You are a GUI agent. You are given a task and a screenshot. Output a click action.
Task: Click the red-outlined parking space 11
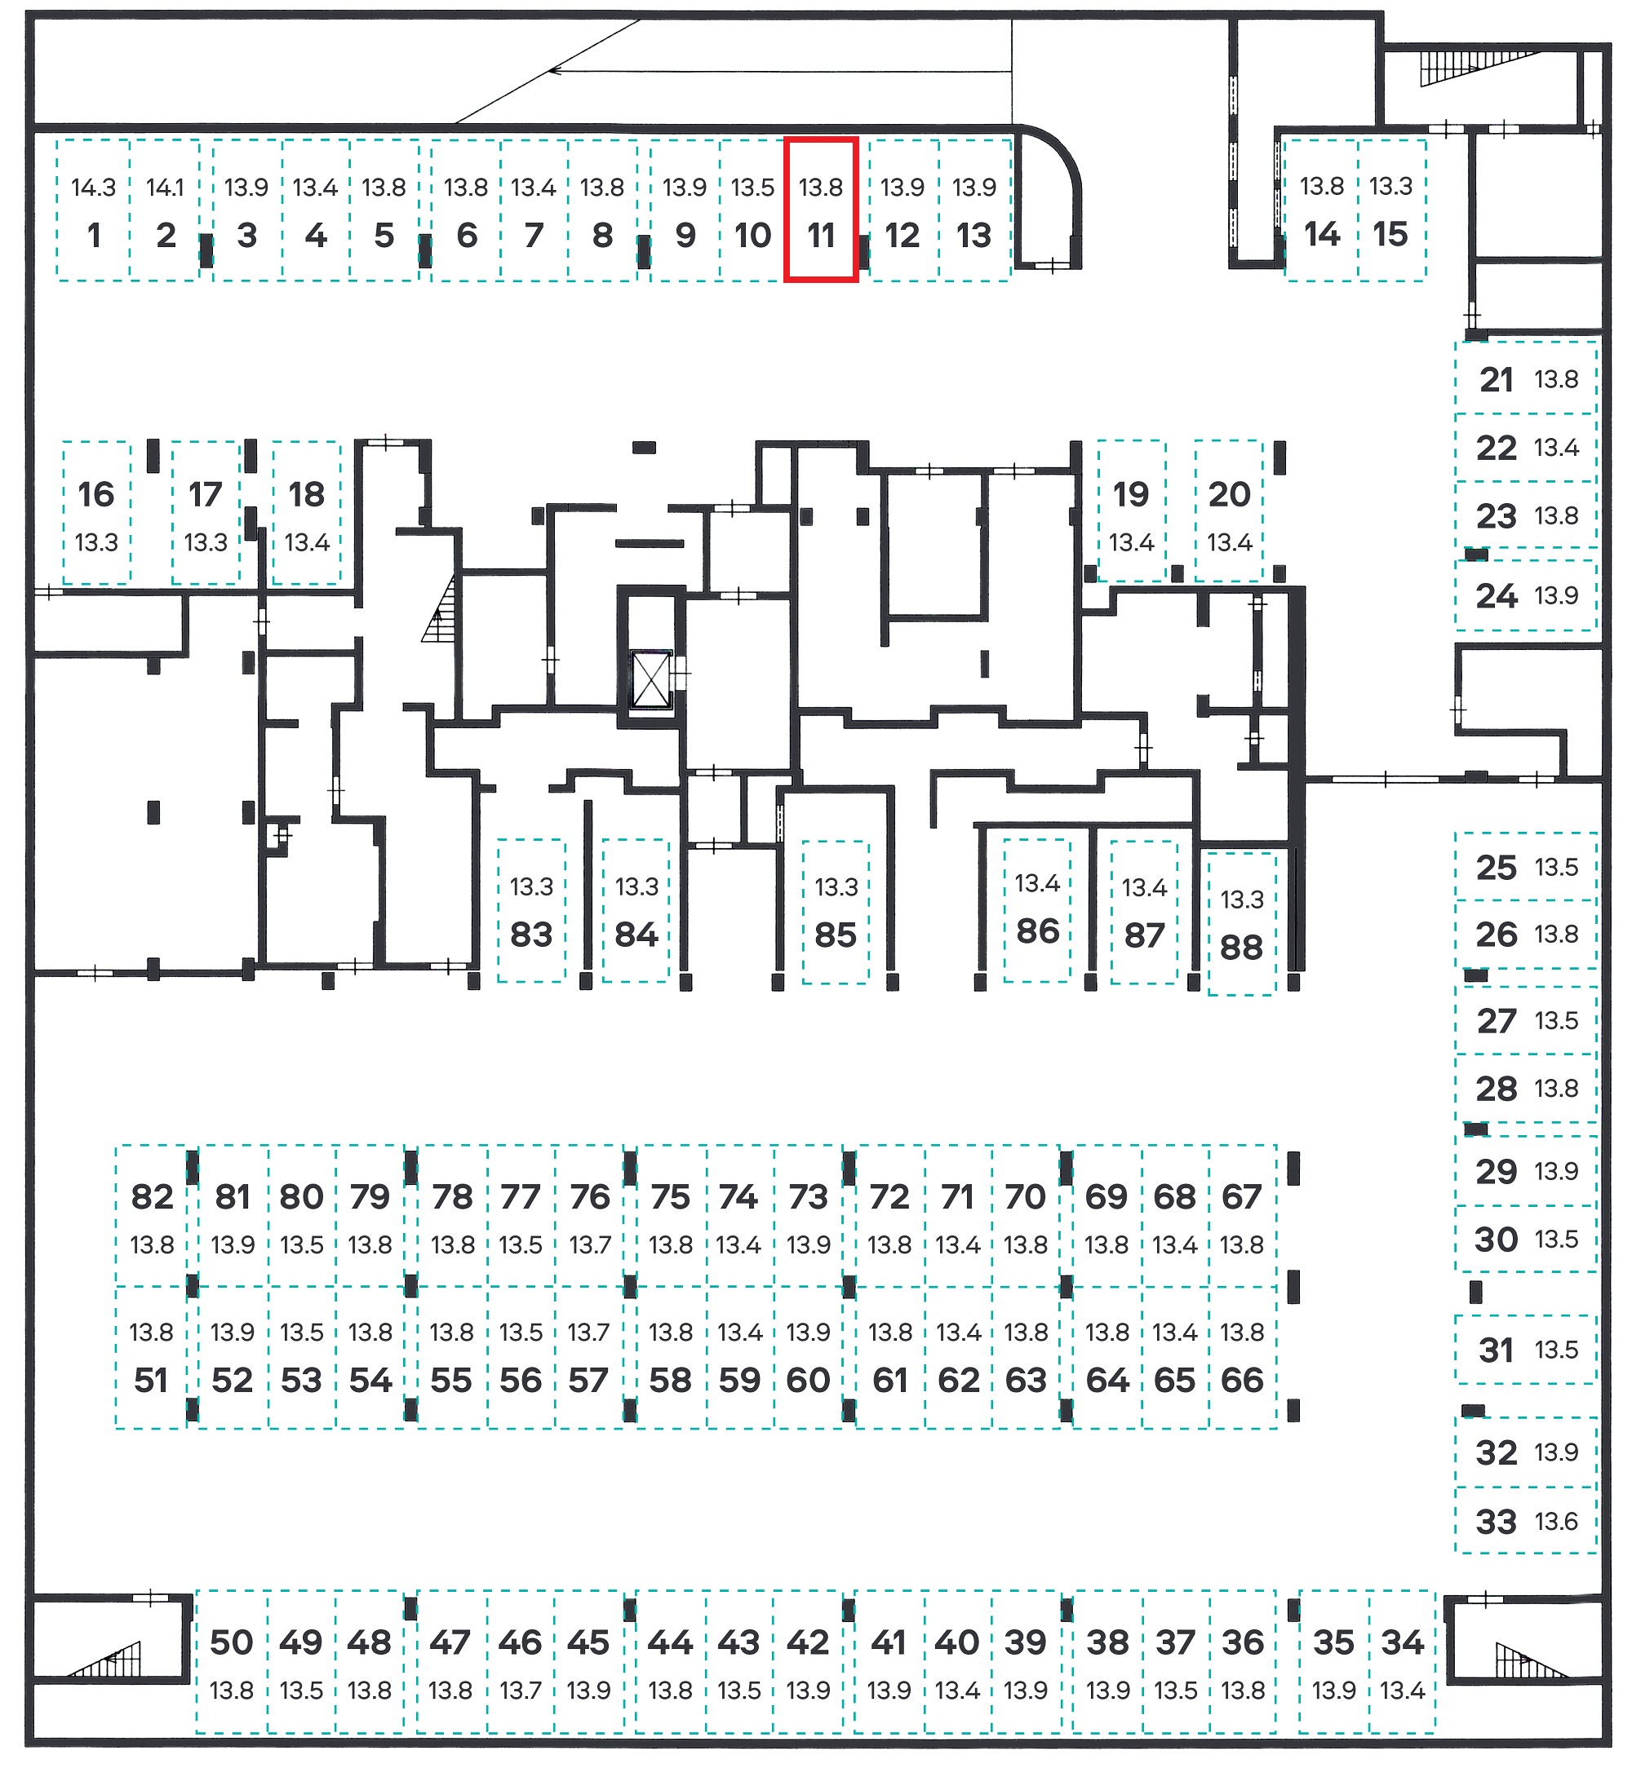coord(821,210)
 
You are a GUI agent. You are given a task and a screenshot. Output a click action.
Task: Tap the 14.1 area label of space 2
coord(165,187)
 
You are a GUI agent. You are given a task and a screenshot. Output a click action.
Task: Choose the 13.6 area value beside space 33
coord(1556,1522)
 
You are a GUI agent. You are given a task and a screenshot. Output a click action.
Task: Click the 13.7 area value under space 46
coord(520,1691)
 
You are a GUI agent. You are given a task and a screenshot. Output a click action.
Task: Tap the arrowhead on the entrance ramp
coord(555,71)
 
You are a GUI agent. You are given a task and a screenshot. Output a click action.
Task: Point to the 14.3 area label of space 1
coord(94,187)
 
